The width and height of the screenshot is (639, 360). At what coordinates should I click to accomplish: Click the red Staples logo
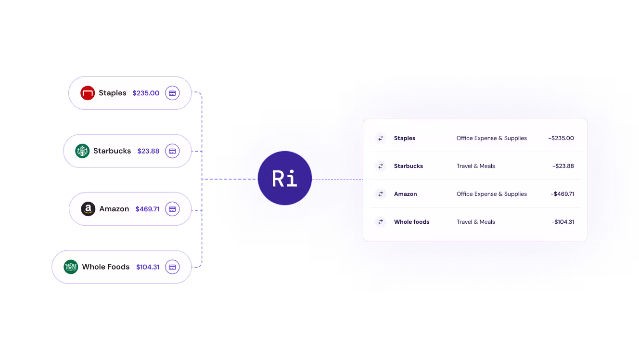pos(88,93)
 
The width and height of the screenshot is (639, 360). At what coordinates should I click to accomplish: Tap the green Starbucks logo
pos(82,151)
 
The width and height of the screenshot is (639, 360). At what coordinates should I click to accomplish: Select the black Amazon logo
pos(88,209)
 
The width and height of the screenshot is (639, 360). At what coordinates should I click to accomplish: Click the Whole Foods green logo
pos(71,267)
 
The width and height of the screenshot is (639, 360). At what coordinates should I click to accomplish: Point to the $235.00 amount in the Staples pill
pos(146,93)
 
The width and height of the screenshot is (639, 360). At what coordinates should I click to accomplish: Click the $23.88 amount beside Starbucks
pos(148,151)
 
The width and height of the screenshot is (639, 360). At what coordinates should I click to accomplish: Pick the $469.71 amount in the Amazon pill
pos(147,209)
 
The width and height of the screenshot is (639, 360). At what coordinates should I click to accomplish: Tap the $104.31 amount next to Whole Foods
pos(148,267)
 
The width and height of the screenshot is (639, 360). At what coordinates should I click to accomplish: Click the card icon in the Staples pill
pos(172,93)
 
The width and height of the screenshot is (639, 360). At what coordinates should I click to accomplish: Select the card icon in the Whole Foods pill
pos(172,267)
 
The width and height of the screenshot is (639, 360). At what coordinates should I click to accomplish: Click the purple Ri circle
pos(285,178)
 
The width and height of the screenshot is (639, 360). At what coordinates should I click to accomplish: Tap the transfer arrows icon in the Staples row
pos(381,138)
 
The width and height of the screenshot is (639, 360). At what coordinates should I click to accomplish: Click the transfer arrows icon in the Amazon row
pos(381,194)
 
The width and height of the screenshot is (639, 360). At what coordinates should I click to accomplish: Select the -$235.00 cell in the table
pos(561,138)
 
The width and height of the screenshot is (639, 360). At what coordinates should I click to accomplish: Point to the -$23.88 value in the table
pos(563,166)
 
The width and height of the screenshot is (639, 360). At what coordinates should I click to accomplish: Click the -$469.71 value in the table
pos(562,194)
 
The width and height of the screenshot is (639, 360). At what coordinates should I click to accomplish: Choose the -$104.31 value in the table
pos(562,222)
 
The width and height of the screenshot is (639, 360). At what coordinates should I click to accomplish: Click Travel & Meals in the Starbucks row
pos(475,166)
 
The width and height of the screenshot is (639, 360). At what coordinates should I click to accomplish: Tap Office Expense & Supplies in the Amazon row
pos(491,194)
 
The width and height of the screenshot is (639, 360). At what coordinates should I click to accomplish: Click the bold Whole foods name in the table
pos(411,222)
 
